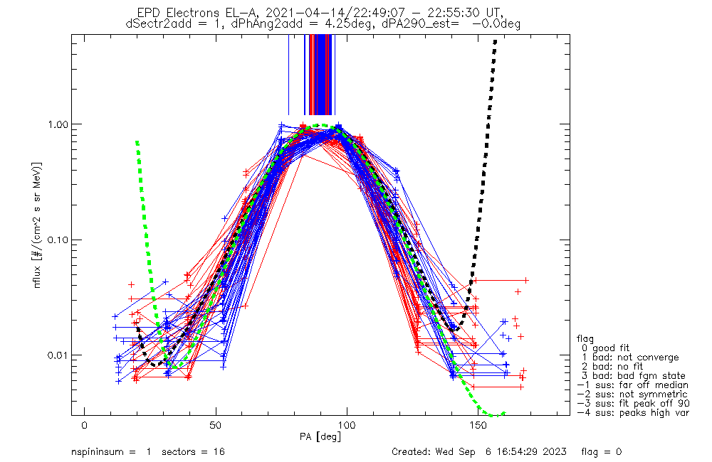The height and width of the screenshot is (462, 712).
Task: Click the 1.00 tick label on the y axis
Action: (56, 124)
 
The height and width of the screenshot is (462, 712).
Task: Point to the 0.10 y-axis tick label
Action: (56, 240)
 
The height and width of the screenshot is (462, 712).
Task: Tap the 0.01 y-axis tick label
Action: (56, 355)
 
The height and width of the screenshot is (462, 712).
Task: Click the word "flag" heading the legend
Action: (585, 339)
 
